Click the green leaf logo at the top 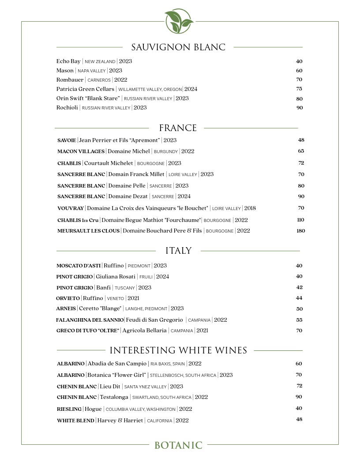(179, 21)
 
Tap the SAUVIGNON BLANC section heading (178, 47)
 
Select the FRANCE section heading (178, 128)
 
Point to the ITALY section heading (178, 251)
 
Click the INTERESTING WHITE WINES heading (178, 350)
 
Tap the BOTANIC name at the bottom (178, 445)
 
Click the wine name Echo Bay (68, 61)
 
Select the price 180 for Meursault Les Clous (300, 231)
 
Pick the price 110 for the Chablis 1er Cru (300, 220)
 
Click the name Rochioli (67, 108)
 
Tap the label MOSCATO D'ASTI (79, 266)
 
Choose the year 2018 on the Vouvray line (250, 208)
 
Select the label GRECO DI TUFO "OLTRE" (87, 331)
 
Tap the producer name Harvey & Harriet (120, 421)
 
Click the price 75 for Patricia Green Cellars (299, 89)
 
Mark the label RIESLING (69, 409)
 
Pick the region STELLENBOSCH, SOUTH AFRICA (183, 376)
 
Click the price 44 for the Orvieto (299, 298)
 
